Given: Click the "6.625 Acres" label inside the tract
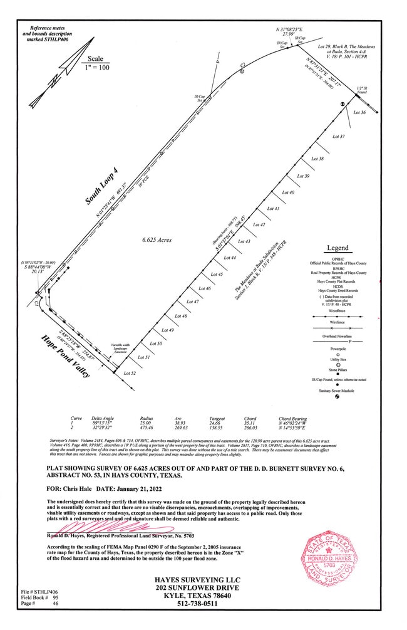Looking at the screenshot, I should point(157,239).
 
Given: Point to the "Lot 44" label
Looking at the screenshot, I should point(229,258).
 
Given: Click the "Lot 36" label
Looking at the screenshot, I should point(359,113).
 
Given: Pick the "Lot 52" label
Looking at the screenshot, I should point(130,373).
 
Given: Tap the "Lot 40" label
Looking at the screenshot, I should point(289,192).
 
